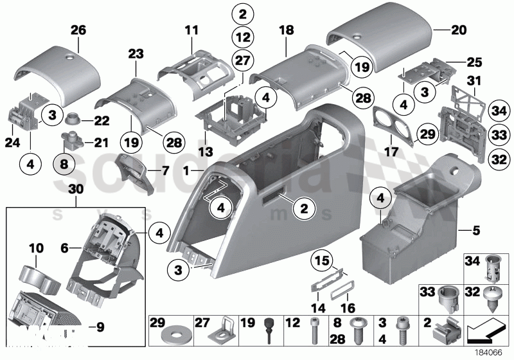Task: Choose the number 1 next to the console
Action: (186, 172)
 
